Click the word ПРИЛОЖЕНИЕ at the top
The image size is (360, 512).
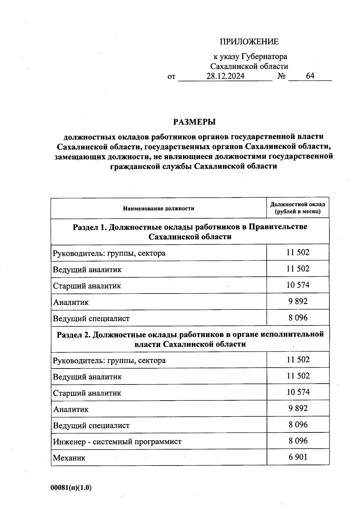(249, 42)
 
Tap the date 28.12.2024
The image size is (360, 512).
(225, 76)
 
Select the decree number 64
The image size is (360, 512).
(310, 76)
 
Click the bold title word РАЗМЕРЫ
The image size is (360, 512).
(194, 122)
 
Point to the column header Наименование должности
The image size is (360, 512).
(158, 208)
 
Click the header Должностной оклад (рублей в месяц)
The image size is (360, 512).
(298, 208)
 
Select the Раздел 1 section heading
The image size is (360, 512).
(190, 231)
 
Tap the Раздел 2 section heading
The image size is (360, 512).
(190, 339)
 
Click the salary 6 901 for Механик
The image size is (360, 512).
(298, 457)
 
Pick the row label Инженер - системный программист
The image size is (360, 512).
(117, 441)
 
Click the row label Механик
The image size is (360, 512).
(69, 458)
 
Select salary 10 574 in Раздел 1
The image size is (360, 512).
(298, 285)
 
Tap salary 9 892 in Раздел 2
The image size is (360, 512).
(298, 408)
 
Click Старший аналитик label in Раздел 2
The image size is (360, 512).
(87, 393)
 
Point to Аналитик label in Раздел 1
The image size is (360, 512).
(71, 302)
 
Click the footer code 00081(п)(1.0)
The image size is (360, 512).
(71, 488)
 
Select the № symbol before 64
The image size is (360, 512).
(281, 76)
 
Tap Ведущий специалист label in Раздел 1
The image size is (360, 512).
(91, 318)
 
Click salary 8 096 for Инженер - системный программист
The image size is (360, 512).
(298, 441)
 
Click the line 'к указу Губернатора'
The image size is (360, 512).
(250, 56)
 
